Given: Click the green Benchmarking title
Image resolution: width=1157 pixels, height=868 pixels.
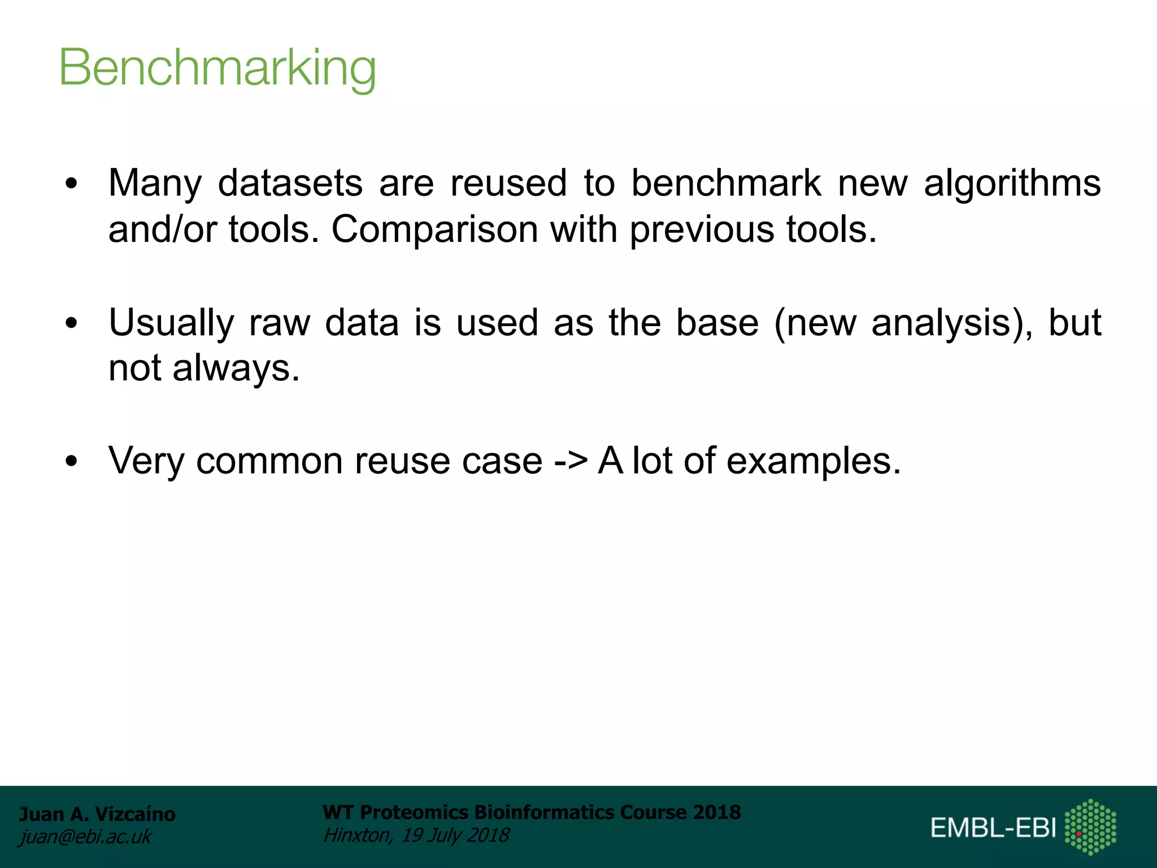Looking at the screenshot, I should (218, 68).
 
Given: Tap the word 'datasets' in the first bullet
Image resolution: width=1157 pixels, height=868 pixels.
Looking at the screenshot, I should (290, 183).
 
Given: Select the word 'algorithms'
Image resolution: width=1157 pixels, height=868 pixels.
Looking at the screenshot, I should (1012, 184).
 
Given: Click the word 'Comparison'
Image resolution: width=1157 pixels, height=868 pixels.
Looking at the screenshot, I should (434, 230).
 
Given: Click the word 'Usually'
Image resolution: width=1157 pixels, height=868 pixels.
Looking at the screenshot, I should (171, 323).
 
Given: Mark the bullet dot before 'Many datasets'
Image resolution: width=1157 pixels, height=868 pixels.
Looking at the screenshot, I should (71, 184).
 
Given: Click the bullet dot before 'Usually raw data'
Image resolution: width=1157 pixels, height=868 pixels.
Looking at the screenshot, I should (71, 323).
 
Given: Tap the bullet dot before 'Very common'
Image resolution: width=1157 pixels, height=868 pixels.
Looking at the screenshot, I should (71, 461).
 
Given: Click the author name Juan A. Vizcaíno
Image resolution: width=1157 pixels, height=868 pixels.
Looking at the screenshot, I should (97, 814).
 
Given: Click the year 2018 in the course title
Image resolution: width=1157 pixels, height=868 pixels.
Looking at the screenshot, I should (717, 813).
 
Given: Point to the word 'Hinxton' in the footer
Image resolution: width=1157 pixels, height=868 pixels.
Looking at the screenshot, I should (356, 835).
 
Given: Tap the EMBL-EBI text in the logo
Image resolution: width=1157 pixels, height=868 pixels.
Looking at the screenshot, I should (993, 828).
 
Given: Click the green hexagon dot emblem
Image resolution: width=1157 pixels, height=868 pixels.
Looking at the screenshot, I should (1090, 827).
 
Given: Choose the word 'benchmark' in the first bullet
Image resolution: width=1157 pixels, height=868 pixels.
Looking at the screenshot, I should (726, 183).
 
